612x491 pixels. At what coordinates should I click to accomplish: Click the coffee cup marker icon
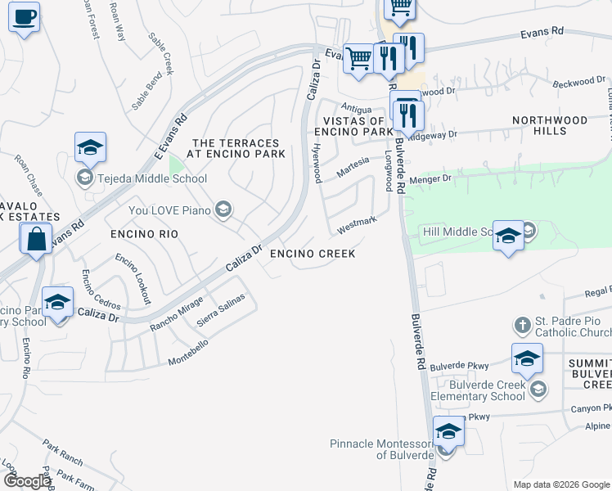pos(24,16)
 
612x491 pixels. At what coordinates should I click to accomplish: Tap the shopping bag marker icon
pos(36,241)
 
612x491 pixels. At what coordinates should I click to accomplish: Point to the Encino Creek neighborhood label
pos(313,254)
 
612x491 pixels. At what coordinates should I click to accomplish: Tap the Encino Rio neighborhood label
pos(144,234)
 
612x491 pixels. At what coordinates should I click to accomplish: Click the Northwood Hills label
pos(550,125)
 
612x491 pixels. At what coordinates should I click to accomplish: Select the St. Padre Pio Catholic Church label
pos(573,327)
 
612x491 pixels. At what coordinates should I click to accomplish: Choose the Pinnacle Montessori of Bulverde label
pos(381,449)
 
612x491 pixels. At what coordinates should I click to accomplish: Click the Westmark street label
pos(357,222)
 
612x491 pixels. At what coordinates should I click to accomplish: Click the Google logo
pos(27,481)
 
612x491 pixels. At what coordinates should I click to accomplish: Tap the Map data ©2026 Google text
pos(561,484)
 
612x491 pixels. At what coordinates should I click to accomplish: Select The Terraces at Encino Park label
pos(236,148)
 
